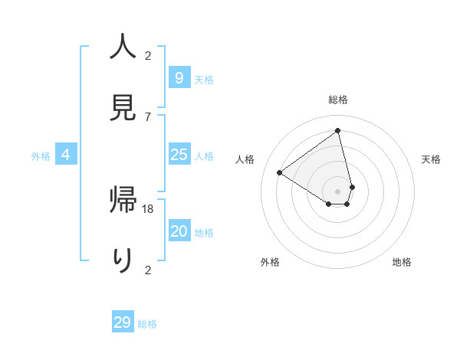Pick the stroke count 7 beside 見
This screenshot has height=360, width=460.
tap(148, 116)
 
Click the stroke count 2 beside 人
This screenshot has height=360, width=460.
tap(148, 56)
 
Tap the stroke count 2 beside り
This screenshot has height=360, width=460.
tap(148, 270)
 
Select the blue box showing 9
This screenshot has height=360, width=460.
tap(179, 78)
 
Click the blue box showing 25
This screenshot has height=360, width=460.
tap(179, 155)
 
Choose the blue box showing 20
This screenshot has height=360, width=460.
tap(179, 231)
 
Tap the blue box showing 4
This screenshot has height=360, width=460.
tap(66, 155)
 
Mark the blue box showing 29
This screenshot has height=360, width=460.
tap(123, 322)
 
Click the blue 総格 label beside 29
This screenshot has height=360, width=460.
tap(147, 324)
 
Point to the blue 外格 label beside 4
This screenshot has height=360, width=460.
tap(41, 156)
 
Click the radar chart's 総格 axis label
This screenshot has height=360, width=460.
tap(338, 100)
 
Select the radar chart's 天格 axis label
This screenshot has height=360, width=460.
tap(431, 159)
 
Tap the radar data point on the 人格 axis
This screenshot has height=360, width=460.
tap(280, 172)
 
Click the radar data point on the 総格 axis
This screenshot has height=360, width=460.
tap(338, 131)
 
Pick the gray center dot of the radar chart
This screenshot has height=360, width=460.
tap(338, 191)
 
